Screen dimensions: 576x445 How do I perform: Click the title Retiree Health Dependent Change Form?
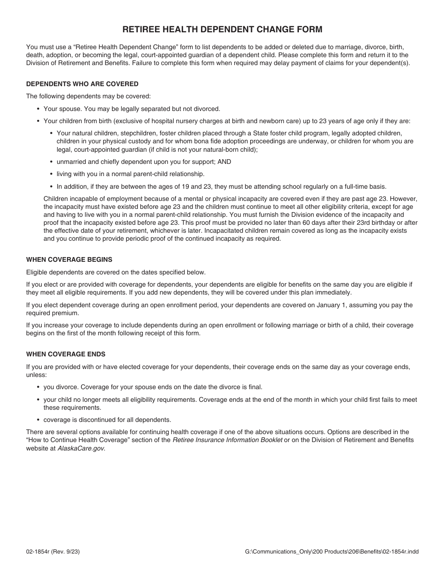(222, 30)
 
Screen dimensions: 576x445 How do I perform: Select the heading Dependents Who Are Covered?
(82, 84)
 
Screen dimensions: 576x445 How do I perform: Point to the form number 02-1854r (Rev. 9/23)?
(53, 552)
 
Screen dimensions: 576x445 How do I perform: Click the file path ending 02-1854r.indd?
(332, 552)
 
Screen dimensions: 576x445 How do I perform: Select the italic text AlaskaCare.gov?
(81, 448)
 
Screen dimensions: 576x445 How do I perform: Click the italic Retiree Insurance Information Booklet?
(227, 440)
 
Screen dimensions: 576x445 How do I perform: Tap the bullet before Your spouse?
(38, 109)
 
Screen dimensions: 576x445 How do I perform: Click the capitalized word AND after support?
(224, 162)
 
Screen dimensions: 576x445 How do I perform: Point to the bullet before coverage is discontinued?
(38, 420)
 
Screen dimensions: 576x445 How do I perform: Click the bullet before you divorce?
(38, 387)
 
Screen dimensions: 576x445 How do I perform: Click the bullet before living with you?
(51, 174)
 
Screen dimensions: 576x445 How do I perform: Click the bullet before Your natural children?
(51, 133)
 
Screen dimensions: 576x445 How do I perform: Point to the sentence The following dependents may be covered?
(89, 96)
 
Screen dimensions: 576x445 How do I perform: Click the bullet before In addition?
(51, 186)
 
